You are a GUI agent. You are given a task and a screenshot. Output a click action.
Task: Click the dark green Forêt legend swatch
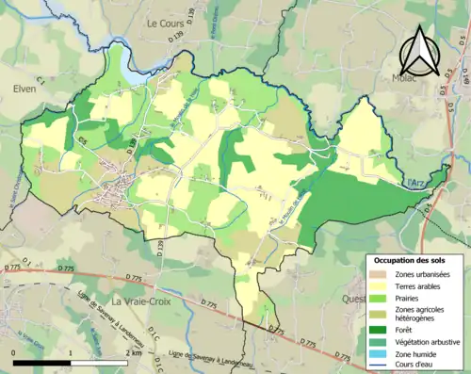(x=377, y=329)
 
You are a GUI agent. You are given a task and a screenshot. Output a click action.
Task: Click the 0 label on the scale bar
(x=14, y=352)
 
